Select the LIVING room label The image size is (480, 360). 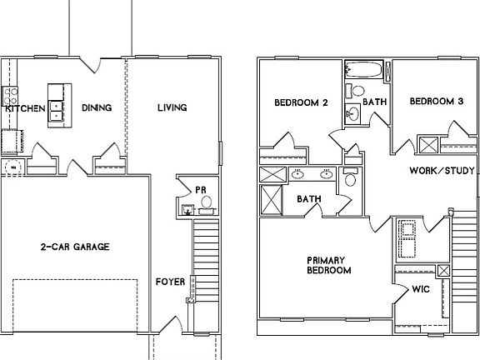[172, 108]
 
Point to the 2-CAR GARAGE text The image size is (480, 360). [75, 247]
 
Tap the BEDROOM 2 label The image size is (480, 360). [300, 102]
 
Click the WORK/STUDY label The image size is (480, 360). [442, 171]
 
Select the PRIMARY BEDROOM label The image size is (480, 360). [328, 265]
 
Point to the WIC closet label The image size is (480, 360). [420, 290]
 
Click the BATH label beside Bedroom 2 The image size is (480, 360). [375, 102]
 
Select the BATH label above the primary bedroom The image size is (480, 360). [309, 198]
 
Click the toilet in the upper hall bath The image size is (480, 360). [357, 91]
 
